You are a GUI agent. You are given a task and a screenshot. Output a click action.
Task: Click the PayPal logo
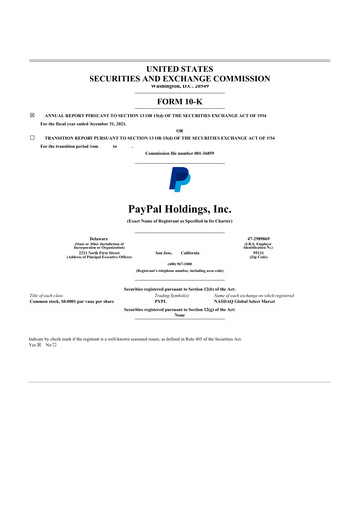180,178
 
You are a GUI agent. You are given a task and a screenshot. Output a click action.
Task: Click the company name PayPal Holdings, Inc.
180,207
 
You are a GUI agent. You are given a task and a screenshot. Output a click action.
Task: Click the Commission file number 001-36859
180,153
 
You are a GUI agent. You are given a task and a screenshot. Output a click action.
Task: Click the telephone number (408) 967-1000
180,264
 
